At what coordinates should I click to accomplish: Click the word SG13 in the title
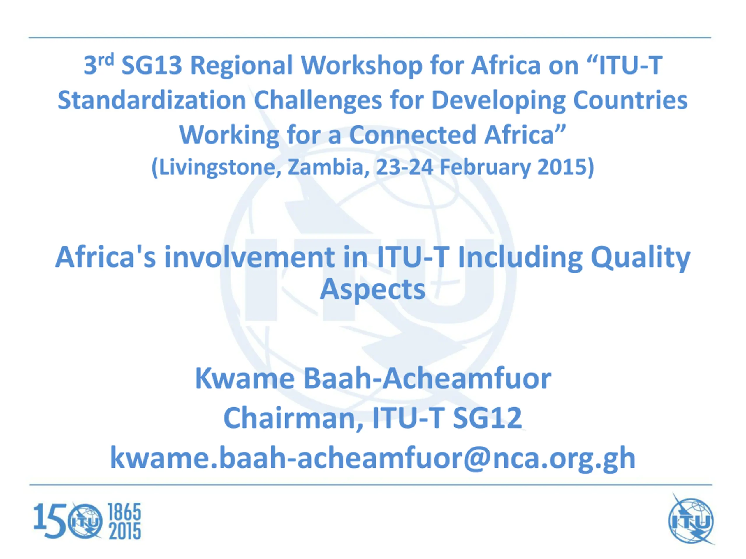152,66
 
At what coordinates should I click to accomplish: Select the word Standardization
152,100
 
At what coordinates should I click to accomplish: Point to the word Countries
630,100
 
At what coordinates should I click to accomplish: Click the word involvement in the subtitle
249,257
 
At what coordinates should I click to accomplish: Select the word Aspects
373,289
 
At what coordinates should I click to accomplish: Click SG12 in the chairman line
487,418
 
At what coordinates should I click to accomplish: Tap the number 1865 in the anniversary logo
124,512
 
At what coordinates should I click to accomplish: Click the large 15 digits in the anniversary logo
50,521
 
